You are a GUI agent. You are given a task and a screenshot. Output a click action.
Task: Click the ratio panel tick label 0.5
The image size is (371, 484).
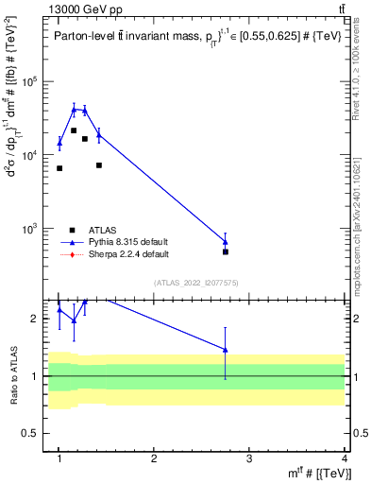[x=33, y=433]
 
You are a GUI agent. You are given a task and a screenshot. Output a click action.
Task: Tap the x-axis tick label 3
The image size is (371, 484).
[x=249, y=458]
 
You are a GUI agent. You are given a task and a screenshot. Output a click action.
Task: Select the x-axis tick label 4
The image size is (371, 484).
[x=344, y=458]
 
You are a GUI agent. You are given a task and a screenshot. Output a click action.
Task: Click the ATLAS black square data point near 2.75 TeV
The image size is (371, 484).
[x=226, y=251]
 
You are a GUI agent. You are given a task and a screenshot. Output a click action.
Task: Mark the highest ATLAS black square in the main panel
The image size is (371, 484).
[x=74, y=130]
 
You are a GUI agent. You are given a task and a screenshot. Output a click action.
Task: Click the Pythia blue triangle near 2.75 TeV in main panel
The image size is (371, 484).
[x=226, y=241]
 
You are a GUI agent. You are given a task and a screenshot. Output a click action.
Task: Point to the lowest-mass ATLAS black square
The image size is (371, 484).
[x=59, y=168]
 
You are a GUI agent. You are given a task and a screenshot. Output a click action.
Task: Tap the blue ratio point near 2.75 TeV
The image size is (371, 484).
[x=226, y=349]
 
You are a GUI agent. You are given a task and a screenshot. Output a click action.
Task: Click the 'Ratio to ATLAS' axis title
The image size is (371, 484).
[x=13, y=376]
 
